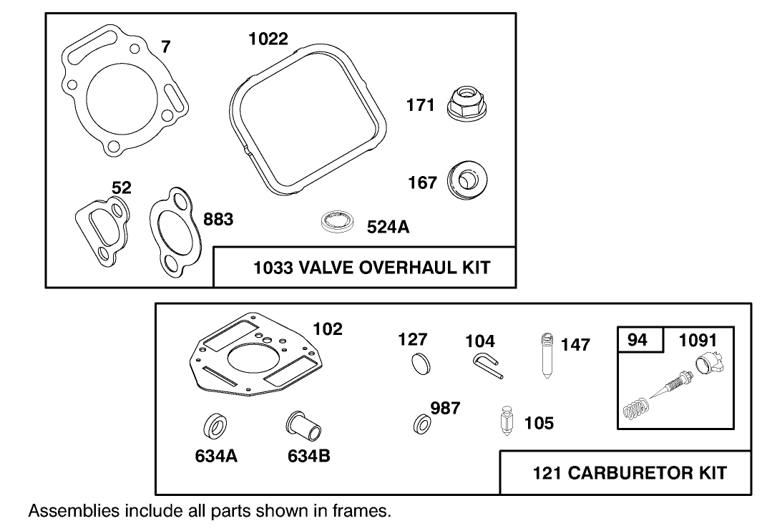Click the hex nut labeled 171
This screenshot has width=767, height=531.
click(x=469, y=104)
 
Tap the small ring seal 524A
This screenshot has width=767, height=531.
click(x=338, y=222)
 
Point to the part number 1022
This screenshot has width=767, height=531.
click(x=268, y=39)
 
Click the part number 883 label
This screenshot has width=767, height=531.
click(x=218, y=220)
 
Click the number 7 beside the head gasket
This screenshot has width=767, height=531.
click(x=165, y=47)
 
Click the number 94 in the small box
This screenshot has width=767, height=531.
click(x=637, y=339)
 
